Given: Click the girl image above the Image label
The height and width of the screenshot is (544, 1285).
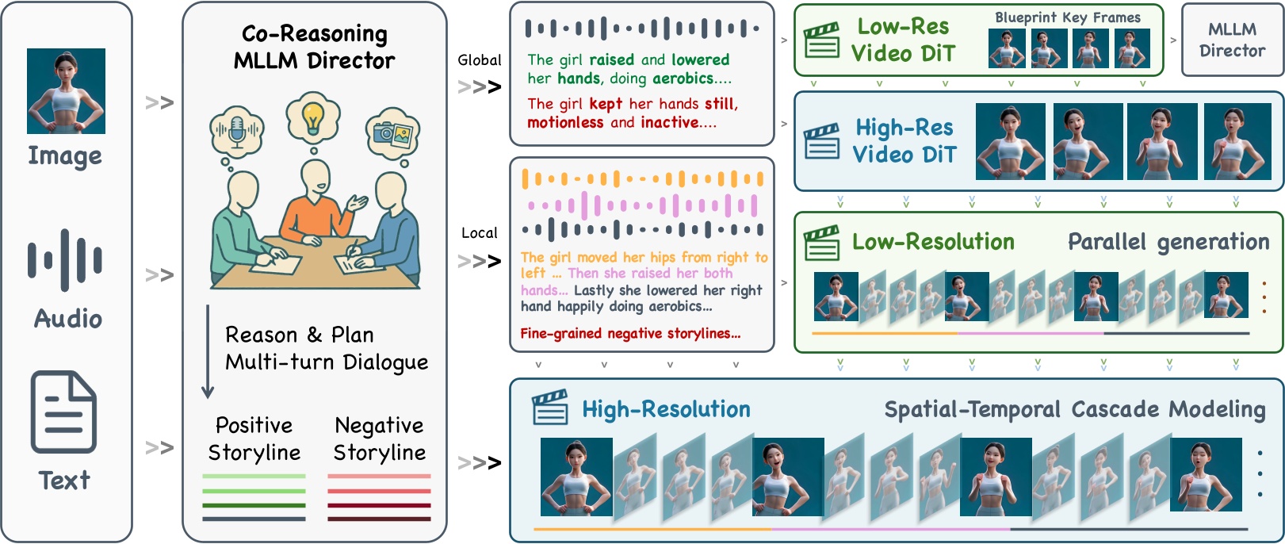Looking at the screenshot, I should (66, 90).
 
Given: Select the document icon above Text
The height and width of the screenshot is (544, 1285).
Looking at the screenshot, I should (63, 412).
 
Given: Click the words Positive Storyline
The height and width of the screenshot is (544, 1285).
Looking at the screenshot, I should (254, 439).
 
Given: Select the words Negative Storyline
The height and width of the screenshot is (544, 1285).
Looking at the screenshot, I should (379, 439).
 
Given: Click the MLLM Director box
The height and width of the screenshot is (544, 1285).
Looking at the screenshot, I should (1231, 40).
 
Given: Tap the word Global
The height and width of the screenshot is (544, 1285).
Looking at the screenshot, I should (479, 60).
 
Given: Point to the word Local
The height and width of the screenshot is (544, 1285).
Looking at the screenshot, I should (479, 233).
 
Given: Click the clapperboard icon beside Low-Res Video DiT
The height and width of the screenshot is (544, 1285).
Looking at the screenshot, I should (821, 40).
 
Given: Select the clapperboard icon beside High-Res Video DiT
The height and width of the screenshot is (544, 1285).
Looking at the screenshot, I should (821, 141).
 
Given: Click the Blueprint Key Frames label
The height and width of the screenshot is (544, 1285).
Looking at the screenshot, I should (1067, 17).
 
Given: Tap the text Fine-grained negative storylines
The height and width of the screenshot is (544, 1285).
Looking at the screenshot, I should (630, 334).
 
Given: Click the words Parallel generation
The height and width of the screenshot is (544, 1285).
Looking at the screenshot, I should (1168, 242).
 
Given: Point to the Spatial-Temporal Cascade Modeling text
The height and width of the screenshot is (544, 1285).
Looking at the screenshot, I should (1074, 410).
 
